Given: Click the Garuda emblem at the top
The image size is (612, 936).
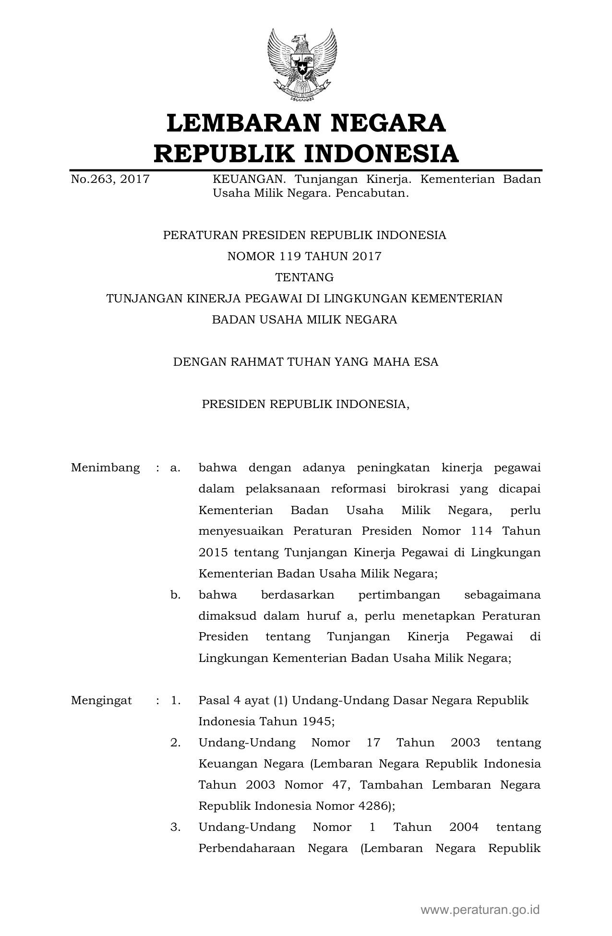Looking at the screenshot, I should coord(302,65).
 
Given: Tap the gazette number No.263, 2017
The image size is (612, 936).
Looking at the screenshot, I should coord(110,180).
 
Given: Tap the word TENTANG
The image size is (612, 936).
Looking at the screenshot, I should coord(304,277).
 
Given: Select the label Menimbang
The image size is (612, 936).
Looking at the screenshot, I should coord(106,468).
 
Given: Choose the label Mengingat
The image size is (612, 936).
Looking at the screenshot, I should coord(101,700).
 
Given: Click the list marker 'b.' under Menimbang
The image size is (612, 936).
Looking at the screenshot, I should coord(175,595).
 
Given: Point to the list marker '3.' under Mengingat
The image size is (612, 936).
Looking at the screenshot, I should coord(175,827).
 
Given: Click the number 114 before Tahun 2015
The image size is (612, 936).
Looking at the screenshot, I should coord(481,531).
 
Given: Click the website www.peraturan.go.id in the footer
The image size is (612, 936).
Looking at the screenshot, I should coord(480,910).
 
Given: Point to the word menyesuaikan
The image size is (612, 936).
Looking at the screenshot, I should coord(242,531).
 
